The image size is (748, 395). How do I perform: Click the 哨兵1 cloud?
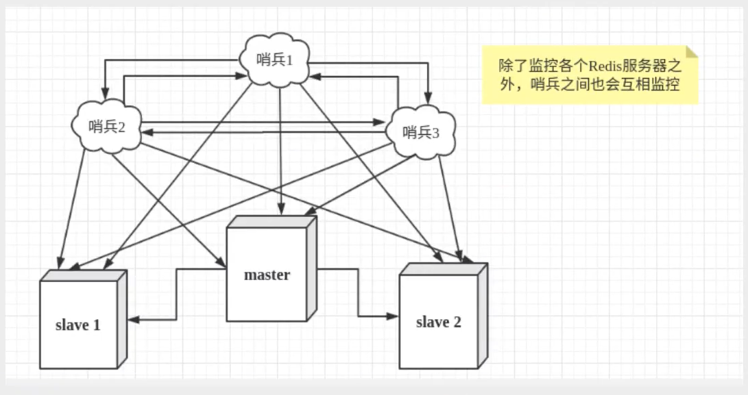click(x=275, y=60)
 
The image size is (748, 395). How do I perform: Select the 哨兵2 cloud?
click(x=107, y=127)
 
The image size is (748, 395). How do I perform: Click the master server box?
click(x=271, y=269)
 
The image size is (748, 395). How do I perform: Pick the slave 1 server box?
click(x=83, y=319)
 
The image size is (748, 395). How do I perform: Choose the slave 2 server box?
click(x=443, y=316)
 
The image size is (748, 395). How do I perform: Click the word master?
click(x=267, y=275)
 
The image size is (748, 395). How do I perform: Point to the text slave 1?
click(x=77, y=325)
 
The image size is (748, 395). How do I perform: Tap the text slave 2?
click(x=438, y=322)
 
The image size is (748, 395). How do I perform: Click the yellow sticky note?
click(x=590, y=75)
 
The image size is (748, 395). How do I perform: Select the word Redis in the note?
click(x=605, y=66)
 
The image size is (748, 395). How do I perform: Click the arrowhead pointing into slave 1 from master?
click(x=133, y=319)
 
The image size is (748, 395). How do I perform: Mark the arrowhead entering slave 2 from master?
click(x=393, y=316)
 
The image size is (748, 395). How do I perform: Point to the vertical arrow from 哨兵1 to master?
click(x=280, y=151)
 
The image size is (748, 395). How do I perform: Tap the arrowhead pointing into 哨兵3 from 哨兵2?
click(x=379, y=123)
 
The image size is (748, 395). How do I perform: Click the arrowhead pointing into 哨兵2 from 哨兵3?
click(x=147, y=132)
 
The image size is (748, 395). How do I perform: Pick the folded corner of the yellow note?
click(x=692, y=52)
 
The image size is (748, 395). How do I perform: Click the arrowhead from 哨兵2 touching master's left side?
click(x=221, y=263)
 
